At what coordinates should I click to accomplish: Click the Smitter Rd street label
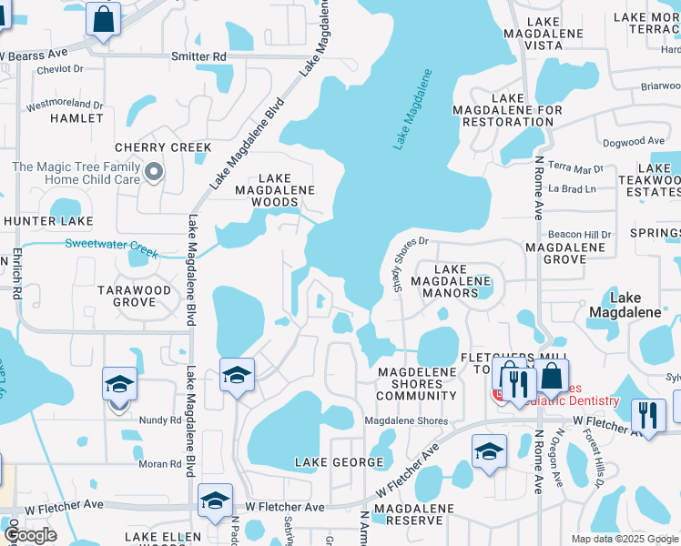pyautogui.click(x=198, y=56)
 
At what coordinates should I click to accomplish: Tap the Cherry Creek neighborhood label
pyautogui.click(x=163, y=147)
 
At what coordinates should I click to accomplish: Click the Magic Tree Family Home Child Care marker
pyautogui.click(x=155, y=171)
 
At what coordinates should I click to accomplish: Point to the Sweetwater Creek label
pyautogui.click(x=111, y=244)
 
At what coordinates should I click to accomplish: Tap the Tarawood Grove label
pyautogui.click(x=135, y=297)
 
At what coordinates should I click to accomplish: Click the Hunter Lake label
pyautogui.click(x=47, y=220)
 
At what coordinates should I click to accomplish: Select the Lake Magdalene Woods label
pyautogui.click(x=275, y=190)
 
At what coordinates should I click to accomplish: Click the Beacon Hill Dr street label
pyautogui.click(x=579, y=235)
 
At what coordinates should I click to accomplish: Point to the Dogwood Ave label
pyautogui.click(x=634, y=141)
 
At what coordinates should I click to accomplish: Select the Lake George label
pyautogui.click(x=340, y=462)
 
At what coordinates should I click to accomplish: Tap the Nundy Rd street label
pyautogui.click(x=160, y=420)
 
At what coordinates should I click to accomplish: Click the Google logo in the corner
pyautogui.click(x=30, y=535)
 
